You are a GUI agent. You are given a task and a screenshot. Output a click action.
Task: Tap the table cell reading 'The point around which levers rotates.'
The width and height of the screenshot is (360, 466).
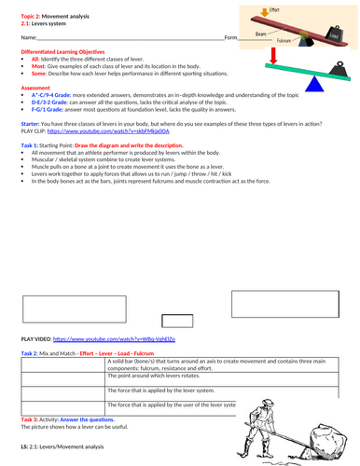148,374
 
